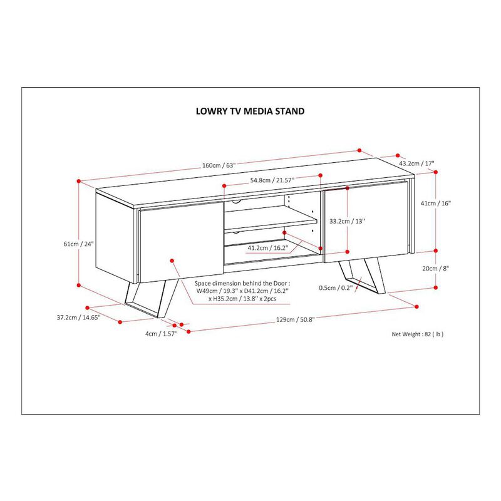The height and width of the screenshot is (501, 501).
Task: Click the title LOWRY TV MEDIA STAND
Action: (250, 111)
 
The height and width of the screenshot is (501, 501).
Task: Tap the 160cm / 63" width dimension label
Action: (218, 166)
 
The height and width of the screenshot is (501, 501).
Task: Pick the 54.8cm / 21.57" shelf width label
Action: (272, 180)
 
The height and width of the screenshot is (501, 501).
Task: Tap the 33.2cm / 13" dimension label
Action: (347, 221)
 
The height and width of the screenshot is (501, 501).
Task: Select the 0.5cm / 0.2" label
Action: (336, 288)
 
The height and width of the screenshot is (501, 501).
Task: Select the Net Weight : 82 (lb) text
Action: (418, 334)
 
